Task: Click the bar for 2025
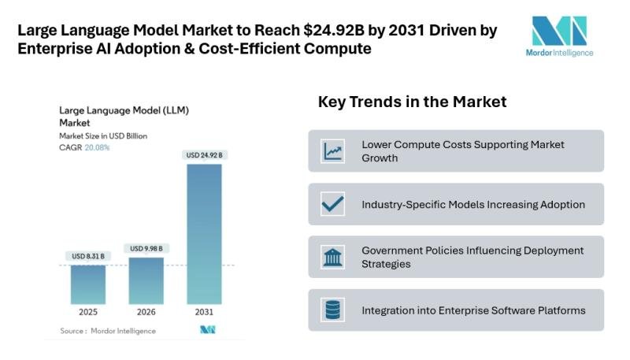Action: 87,284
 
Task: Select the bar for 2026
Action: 146,280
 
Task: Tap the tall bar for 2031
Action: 204,233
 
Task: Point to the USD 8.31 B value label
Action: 87,256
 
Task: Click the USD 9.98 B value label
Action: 146,248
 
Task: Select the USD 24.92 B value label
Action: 205,155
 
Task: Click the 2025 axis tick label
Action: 87,312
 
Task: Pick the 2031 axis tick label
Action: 204,312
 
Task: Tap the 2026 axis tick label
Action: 146,312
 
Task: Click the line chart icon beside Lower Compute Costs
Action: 332,151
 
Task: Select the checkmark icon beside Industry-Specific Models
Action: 332,204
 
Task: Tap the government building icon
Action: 332,257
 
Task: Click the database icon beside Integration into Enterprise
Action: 332,310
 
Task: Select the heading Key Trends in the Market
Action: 412,102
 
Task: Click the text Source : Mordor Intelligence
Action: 108,331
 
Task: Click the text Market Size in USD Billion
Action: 103,135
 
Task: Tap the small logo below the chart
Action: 207,330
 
